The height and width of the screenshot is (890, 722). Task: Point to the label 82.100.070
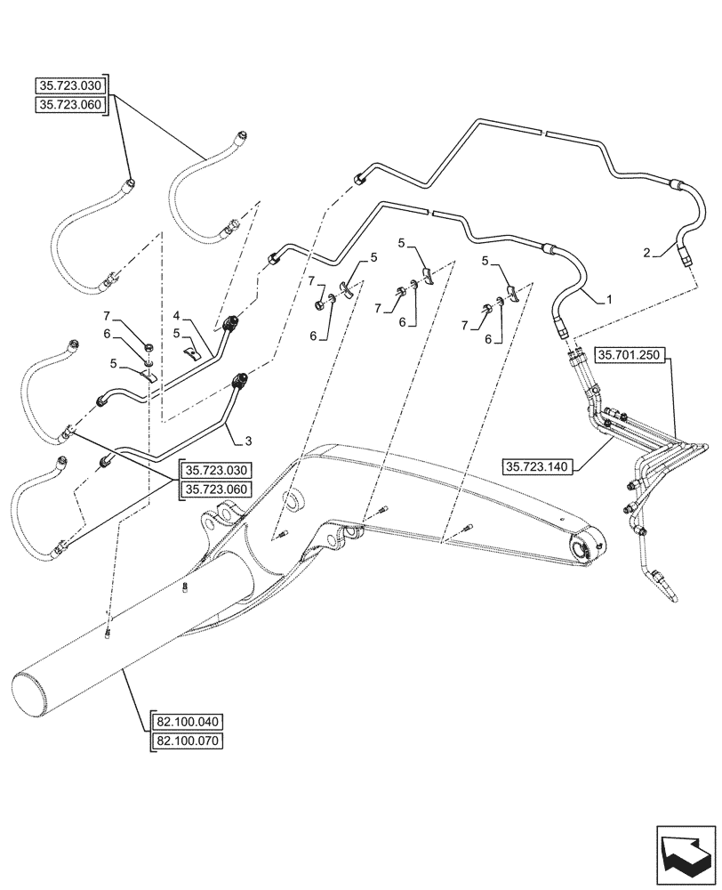pyautogui.click(x=189, y=740)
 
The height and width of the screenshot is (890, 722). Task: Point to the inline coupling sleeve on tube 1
pyautogui.click(x=550, y=249)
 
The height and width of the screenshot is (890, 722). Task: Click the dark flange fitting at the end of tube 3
pyautogui.click(x=240, y=383)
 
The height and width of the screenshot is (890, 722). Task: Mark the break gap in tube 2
pyautogui.click(x=542, y=133)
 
